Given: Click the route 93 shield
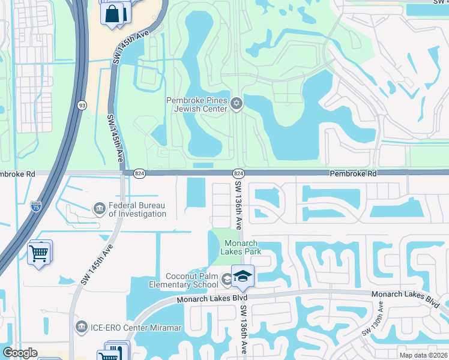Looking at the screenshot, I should [x=81, y=105].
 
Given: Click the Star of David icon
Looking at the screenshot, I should [x=236, y=104].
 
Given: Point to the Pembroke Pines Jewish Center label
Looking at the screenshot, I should [x=198, y=104].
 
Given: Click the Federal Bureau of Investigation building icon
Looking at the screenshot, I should [x=99, y=208].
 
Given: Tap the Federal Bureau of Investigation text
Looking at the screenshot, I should [x=137, y=209].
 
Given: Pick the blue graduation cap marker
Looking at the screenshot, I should [x=243, y=276].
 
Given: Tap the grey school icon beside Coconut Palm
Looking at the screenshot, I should [x=226, y=278].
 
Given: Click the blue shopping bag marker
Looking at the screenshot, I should [x=112, y=13].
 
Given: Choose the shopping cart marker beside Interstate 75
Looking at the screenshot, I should [x=39, y=253].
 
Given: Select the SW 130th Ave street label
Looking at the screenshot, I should [x=373, y=320].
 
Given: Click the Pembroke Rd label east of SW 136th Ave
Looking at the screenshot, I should [x=353, y=173].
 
